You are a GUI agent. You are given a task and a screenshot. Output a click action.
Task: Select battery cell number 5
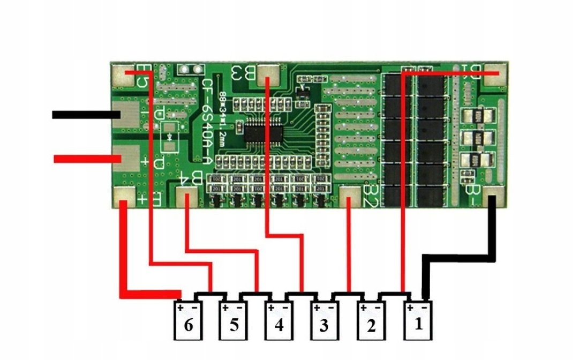pos(234,320)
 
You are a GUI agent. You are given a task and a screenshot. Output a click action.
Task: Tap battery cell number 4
pos(279,320)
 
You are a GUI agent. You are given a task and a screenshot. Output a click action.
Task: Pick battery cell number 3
pos(324,320)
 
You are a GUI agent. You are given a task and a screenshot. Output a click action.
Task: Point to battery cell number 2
pos(371,320)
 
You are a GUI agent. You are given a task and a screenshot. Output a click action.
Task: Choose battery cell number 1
pos(418,320)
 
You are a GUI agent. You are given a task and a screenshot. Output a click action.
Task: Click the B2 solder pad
pos(350,198)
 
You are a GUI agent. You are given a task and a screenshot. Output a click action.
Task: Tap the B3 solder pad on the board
pos(269,74)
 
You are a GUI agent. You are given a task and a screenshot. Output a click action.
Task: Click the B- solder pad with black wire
pos(494,198)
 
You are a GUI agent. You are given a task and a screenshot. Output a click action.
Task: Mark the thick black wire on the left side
pos(86,115)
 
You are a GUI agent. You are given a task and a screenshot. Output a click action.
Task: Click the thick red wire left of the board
pos(86,159)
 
